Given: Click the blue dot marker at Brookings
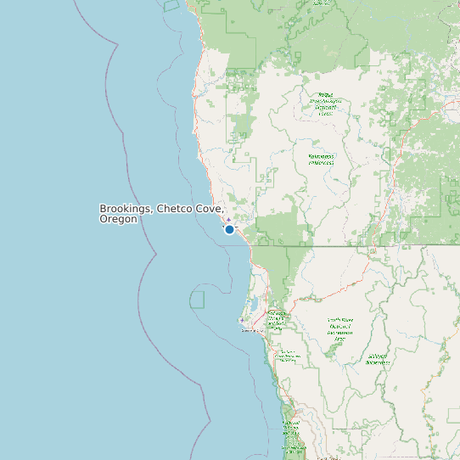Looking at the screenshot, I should [229, 229].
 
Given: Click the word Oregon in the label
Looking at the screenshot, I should [118, 219].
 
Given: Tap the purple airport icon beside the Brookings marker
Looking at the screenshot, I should [227, 219].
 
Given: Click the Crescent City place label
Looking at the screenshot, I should [254, 331].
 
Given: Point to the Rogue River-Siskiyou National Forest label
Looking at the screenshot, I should [325, 104].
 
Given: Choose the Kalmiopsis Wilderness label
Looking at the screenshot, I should [321, 160].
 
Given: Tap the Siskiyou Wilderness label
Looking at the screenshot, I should [378, 359].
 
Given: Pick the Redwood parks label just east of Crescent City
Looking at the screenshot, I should [277, 319].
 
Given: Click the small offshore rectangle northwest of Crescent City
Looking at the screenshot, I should [197, 299].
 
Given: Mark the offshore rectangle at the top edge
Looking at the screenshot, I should [171, 5].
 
